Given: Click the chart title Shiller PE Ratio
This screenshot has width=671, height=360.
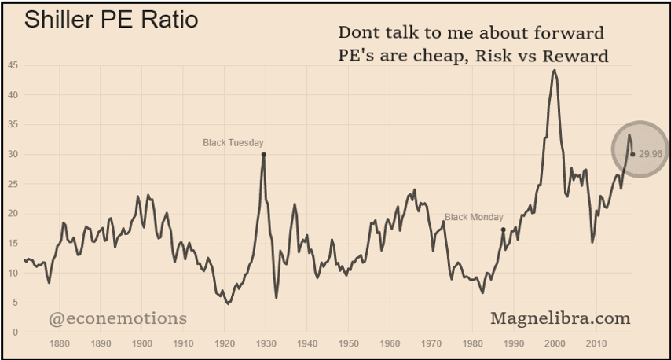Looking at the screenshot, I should [x=111, y=20].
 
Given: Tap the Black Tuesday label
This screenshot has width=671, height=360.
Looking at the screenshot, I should [x=233, y=142].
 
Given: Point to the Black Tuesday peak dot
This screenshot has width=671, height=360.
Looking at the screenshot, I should [x=263, y=155].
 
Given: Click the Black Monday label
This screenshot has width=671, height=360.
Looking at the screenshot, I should [x=474, y=217].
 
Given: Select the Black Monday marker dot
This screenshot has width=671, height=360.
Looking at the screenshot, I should [x=503, y=230].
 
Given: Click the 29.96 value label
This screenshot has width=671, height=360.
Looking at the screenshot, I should [x=651, y=154].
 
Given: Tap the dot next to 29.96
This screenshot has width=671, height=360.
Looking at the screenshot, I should [x=632, y=154].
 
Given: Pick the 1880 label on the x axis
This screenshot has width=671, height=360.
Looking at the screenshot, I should [x=60, y=343].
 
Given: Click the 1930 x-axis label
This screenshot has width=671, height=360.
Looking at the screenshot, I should [x=266, y=343].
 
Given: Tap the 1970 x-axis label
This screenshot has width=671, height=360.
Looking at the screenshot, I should [x=431, y=343].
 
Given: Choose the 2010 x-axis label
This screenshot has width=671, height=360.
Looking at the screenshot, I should [x=596, y=343].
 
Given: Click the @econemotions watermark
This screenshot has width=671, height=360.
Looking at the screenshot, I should [x=118, y=318].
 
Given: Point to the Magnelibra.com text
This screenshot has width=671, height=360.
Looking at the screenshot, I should [x=560, y=318].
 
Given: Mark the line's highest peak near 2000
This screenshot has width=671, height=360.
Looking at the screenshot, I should [x=555, y=70].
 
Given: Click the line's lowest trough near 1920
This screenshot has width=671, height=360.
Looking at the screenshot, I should [x=228, y=303].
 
